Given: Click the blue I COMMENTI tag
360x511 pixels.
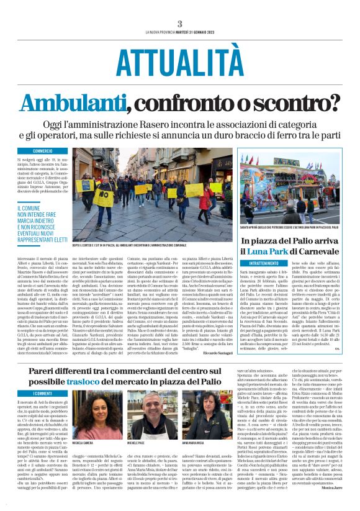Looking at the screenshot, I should point(43,394).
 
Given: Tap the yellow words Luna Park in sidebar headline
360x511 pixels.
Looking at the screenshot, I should point(263,250).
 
